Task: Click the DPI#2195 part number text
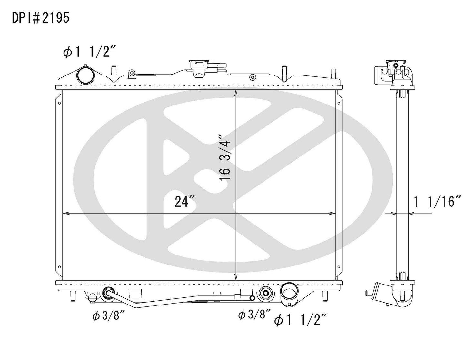(x=41, y=18)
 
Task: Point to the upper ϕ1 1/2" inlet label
(x=89, y=52)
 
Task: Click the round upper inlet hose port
(x=85, y=75)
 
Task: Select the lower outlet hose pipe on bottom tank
(x=289, y=293)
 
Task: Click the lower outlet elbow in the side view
(x=400, y=295)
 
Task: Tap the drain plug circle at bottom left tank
(x=92, y=297)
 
